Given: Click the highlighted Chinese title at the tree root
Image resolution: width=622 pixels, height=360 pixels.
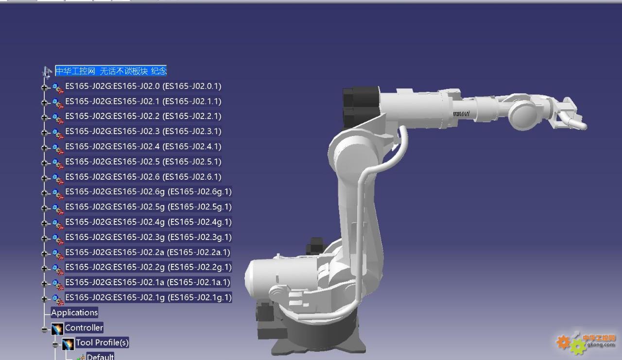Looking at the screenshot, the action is pos(111,71).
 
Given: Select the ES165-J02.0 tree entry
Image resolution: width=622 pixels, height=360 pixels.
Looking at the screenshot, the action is pos(143,86).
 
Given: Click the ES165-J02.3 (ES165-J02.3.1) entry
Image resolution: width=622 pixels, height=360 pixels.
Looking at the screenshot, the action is pos(143,131).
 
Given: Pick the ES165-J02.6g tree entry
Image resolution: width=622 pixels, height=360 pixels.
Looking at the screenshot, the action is pos(148,192).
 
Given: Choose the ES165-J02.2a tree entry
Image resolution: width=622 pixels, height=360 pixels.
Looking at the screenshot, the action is pos(147,252).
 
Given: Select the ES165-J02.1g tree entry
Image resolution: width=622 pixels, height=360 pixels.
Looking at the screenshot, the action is pos(148,297).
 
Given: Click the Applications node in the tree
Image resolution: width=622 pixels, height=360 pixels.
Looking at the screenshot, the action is pos(74,312).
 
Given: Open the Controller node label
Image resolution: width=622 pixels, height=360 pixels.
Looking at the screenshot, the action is pos(84,328).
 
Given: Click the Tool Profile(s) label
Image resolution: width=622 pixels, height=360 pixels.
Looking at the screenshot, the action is pos(102,343).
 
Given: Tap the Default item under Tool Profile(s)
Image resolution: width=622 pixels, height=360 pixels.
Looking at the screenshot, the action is pos(100,357).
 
